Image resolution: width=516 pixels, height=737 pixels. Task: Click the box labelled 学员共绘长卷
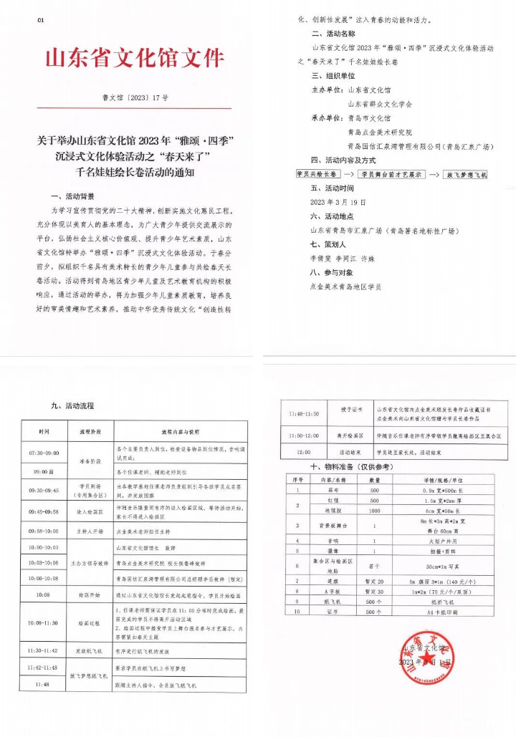[316, 174]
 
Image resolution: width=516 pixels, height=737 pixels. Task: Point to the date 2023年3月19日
[338, 203]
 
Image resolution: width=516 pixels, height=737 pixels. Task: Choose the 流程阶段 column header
[83, 433]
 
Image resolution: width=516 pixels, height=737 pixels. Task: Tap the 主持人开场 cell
[83, 531]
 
